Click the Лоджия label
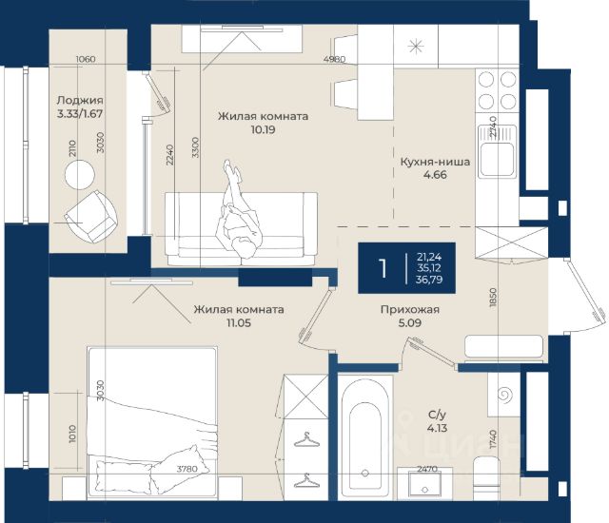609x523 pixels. coord(80,101)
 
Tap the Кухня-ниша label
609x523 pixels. coord(435,162)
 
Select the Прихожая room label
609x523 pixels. coord(410,310)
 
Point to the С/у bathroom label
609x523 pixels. coord(438,415)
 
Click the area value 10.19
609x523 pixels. coord(263,129)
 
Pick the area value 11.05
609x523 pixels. coord(239,322)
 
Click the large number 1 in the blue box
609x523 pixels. coord(383,268)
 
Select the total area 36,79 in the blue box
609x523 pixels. coord(429,280)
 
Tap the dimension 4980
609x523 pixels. coord(334,59)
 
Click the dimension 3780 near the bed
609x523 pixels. coord(187,469)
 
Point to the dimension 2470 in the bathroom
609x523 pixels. coord(427,469)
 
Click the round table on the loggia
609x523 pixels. coord(80,175)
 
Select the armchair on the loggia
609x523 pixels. coord(90,216)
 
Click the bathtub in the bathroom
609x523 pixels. coord(364,437)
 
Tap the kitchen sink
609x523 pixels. coord(498,152)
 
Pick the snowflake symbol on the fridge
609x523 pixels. coord(416,47)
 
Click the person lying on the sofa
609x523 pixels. coord(237,211)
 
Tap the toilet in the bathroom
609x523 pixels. coord(486,477)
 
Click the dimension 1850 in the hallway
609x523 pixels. coord(493,298)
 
